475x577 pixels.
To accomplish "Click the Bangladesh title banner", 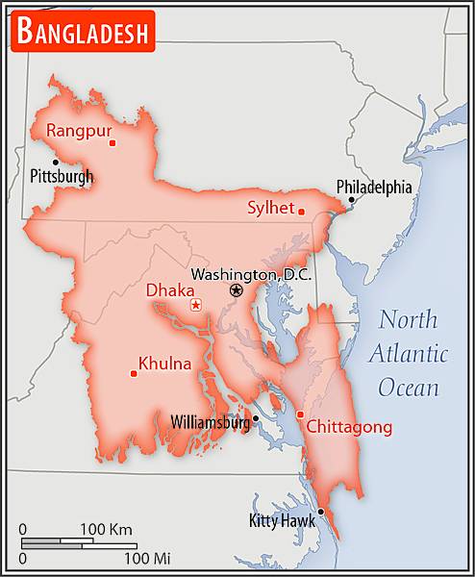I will [83, 34].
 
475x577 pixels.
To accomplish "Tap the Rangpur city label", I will [79, 130].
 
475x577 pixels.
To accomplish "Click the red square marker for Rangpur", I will [112, 143].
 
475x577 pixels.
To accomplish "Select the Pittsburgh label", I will [62, 176].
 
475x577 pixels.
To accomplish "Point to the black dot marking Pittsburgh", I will [56, 162].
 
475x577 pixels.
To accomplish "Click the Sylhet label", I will [270, 207].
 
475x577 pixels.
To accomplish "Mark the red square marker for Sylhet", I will [301, 212].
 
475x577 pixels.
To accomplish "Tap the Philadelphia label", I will [373, 187].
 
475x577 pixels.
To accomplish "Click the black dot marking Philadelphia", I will [351, 200].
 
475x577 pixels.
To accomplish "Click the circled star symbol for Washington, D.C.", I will [237, 290].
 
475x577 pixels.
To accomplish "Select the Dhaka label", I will [170, 289].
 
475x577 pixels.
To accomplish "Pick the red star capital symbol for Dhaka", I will [196, 305].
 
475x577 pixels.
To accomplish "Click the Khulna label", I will [164, 364].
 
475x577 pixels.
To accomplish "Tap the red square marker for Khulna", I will [133, 373].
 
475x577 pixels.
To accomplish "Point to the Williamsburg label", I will [210, 421].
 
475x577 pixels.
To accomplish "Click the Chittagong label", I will [350, 427].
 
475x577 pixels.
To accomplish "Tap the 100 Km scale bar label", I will [106, 529].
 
